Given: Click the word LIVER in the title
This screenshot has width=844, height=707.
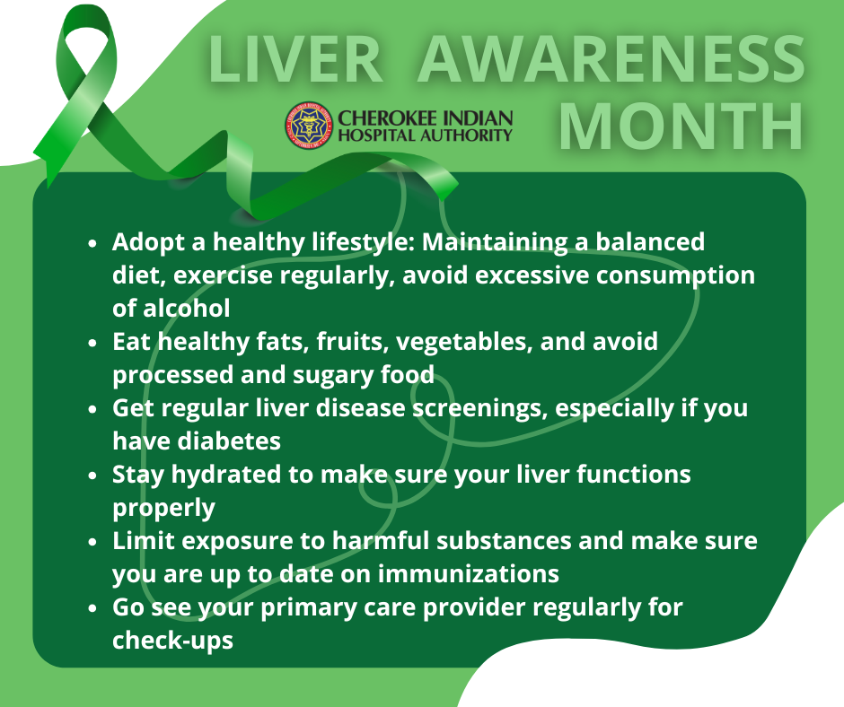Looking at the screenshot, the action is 295,59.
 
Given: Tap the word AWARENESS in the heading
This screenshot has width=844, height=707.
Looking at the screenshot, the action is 611,59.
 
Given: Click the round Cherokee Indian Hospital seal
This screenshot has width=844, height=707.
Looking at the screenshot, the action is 309,126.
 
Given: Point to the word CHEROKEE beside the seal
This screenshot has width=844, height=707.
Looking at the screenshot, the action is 382,118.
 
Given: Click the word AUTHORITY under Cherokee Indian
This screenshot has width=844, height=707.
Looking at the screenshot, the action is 466,135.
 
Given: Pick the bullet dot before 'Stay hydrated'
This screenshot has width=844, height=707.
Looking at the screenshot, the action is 92,476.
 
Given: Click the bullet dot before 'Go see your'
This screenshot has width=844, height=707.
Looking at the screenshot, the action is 92,608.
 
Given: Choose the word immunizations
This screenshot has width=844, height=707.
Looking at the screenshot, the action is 468,573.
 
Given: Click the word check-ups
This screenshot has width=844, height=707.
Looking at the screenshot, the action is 172,641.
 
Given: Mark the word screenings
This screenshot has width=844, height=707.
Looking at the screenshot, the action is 479,409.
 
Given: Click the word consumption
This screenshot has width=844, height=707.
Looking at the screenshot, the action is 675,276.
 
